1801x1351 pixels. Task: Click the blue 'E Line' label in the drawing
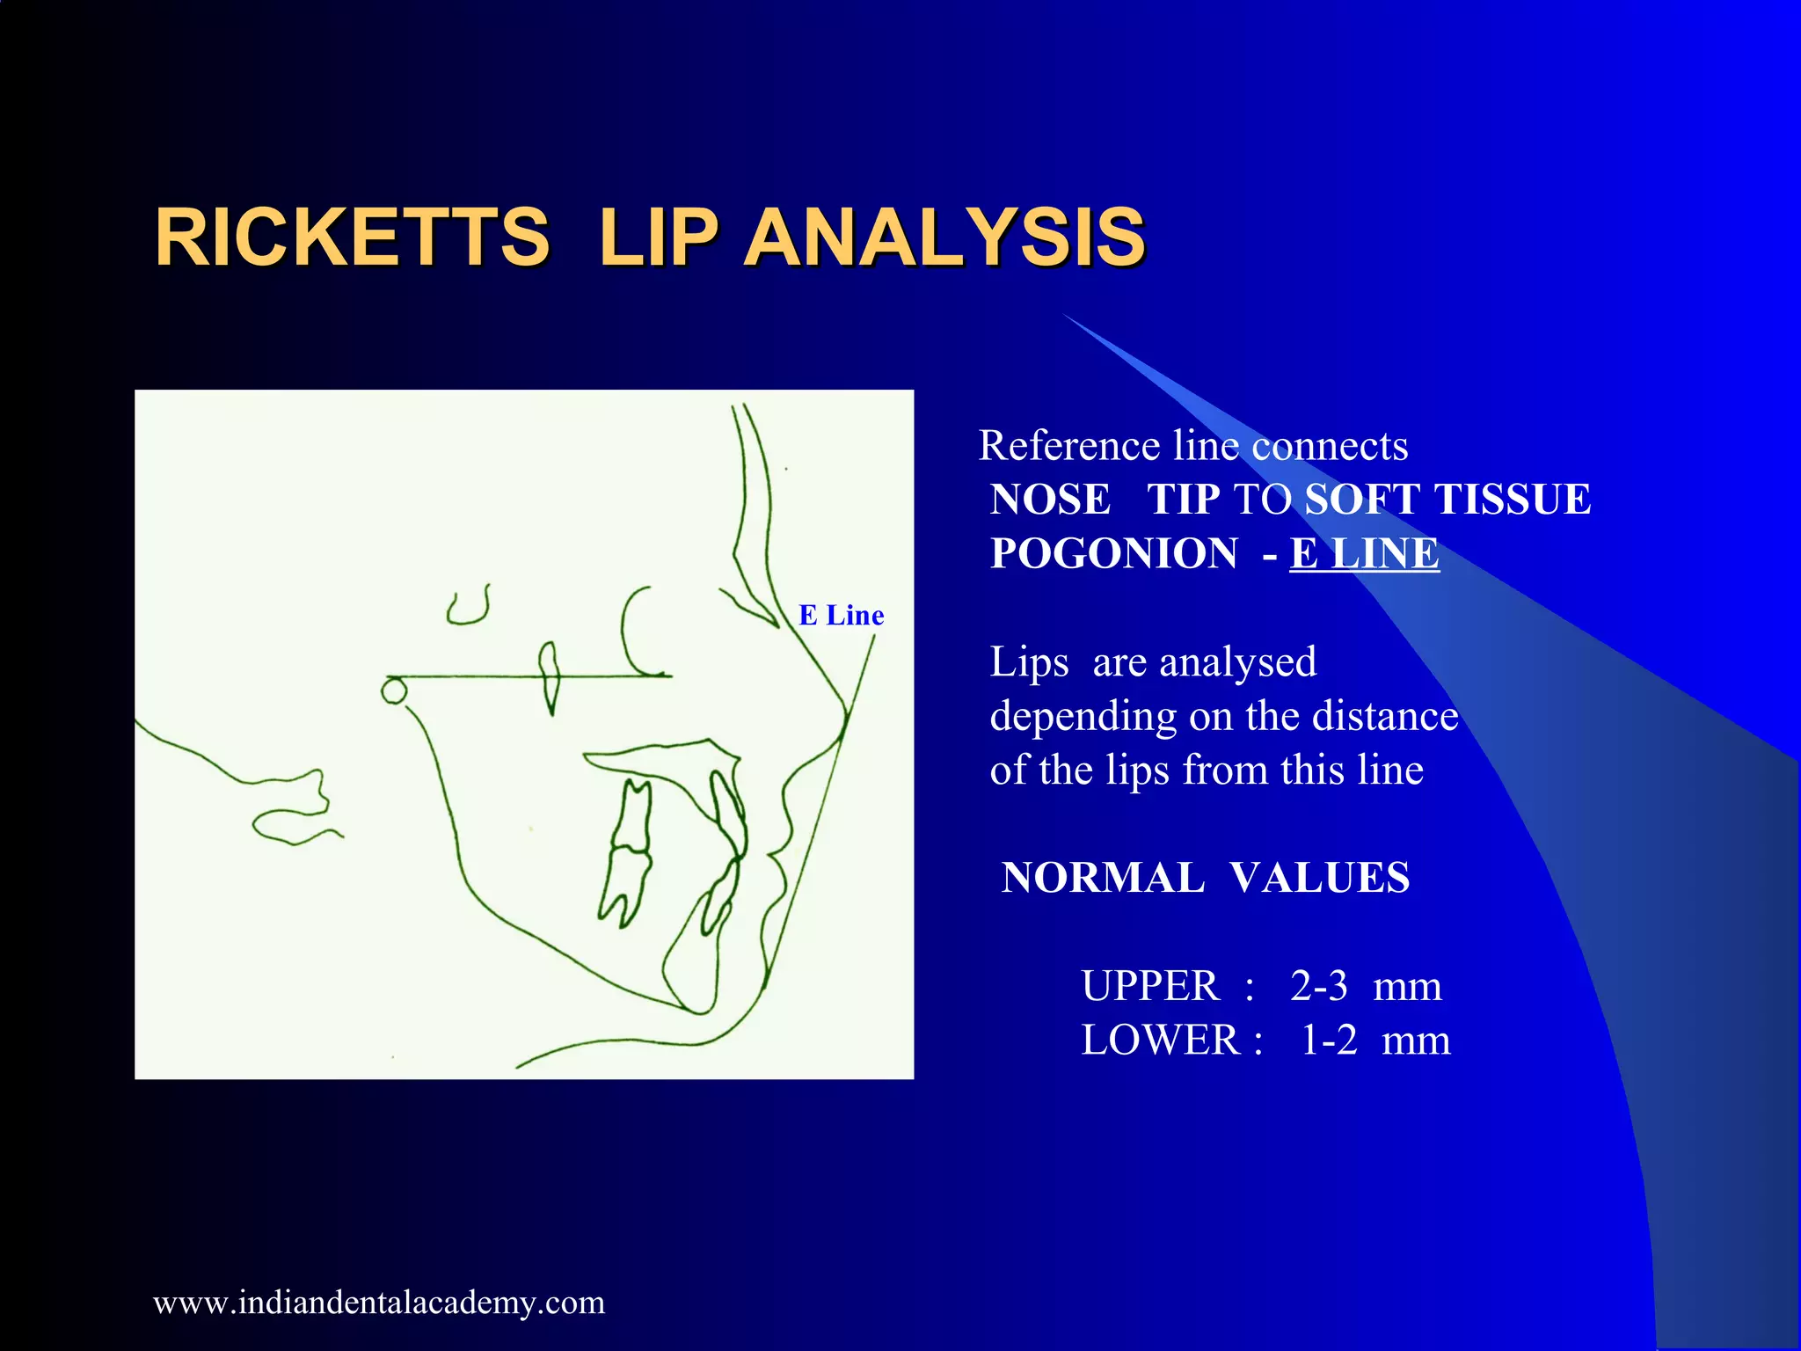pyautogui.click(x=841, y=615)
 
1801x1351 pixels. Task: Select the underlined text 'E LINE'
pyautogui.click(x=1364, y=553)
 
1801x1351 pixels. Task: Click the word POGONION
pyautogui.click(x=1113, y=553)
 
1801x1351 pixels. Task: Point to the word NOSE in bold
pyautogui.click(x=1050, y=499)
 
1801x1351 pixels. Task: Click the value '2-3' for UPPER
pyautogui.click(x=1318, y=985)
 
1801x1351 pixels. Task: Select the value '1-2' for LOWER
pyautogui.click(x=1329, y=1040)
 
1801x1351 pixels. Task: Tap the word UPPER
pyautogui.click(x=1149, y=985)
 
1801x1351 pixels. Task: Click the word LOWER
pyautogui.click(x=1160, y=1040)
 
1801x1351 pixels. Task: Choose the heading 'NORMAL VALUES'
pyautogui.click(x=1205, y=877)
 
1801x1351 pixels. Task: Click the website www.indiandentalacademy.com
pyautogui.click(x=379, y=1302)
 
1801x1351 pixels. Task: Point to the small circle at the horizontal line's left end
pyautogui.click(x=393, y=690)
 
